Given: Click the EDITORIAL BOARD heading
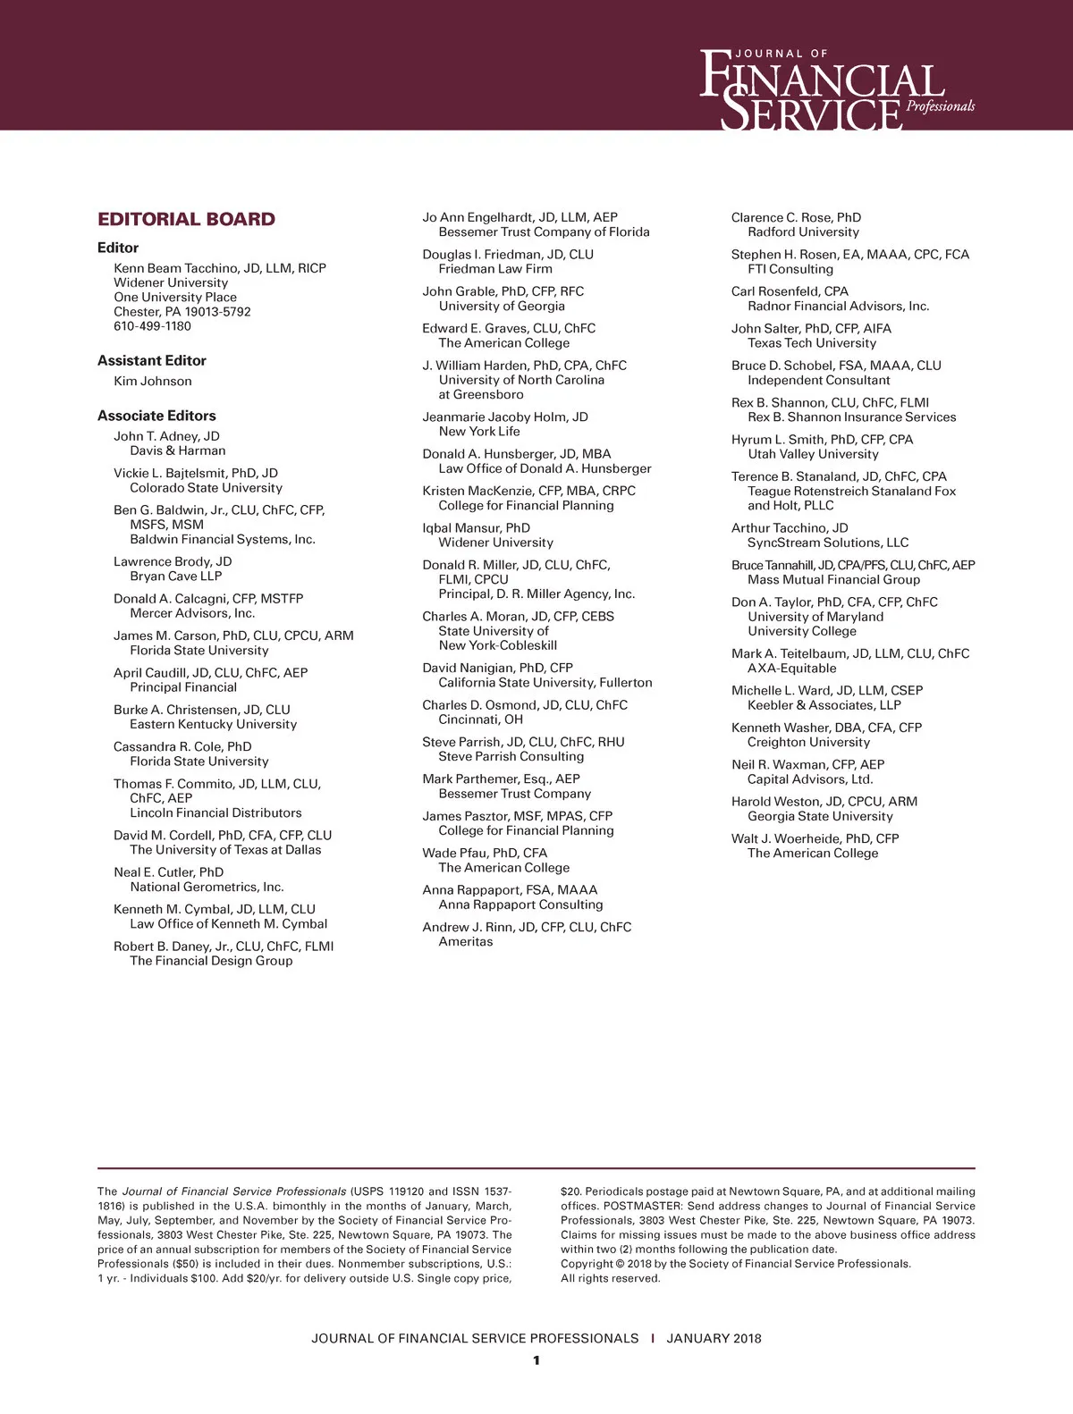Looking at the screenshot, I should point(186,220).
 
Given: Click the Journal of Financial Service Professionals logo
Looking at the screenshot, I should point(835,89).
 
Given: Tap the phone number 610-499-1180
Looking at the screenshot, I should point(152,326).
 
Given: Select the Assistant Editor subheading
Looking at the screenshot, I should point(152,360).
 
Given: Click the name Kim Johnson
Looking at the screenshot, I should point(153,382).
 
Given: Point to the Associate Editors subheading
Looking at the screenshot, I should point(156,416).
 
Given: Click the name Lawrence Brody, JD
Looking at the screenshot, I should point(173,562).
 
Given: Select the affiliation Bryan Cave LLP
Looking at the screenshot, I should point(176,577).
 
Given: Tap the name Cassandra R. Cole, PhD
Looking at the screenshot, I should point(182,747).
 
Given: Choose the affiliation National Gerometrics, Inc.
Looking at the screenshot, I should point(207,888).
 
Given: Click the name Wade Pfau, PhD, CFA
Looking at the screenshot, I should point(485,854).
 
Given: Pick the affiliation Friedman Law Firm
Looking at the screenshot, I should point(495,269).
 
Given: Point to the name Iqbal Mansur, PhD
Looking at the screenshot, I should point(476,528).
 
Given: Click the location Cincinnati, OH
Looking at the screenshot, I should point(481,720).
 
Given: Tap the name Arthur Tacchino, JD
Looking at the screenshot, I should point(790,528).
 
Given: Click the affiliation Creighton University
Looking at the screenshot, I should point(808,743).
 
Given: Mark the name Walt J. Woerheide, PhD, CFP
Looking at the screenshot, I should point(815,839).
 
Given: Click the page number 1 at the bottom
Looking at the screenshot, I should point(536,1361).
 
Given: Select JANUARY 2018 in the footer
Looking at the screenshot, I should point(714,1339).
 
